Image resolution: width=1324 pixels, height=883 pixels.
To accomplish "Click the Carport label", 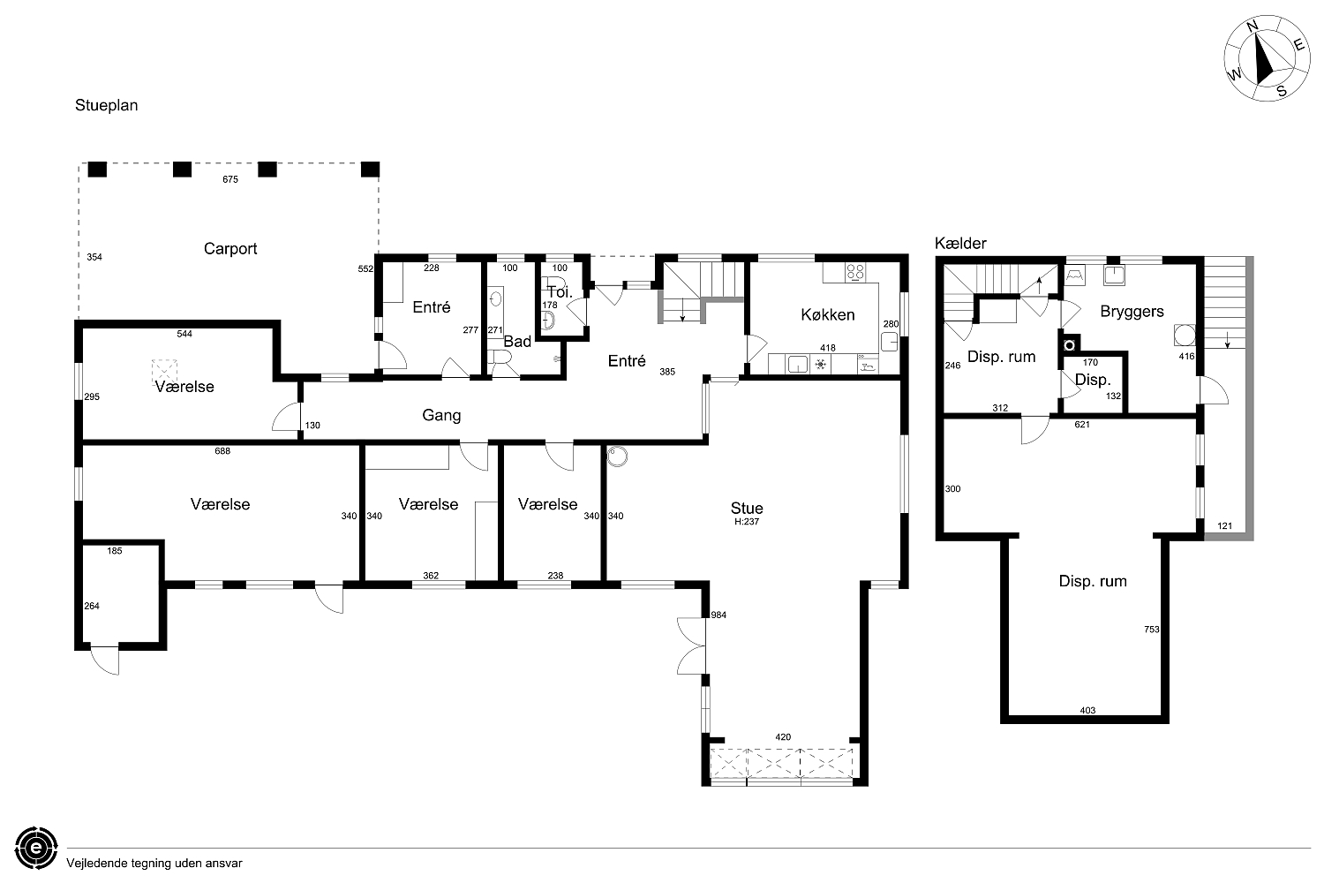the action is click(230, 249).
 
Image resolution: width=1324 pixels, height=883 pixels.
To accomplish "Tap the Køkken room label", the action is click(828, 314).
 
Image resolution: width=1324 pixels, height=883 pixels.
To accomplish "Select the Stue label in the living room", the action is click(747, 508).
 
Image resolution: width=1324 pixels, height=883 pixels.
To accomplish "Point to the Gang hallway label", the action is click(441, 415).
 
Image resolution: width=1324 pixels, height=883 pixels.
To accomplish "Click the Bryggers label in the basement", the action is click(1132, 312).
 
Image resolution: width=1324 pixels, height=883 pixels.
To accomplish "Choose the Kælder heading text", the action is click(960, 243).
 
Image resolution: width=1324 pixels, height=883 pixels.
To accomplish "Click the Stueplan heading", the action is click(107, 105).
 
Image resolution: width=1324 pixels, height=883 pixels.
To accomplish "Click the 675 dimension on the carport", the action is click(230, 179).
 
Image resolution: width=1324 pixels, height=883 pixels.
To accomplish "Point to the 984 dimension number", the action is click(718, 615).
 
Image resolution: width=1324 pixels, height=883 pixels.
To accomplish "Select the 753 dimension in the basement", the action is click(1151, 630).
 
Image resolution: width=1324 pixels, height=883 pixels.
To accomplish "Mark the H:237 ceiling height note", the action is click(747, 522).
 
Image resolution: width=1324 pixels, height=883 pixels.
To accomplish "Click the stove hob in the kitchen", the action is click(855, 272).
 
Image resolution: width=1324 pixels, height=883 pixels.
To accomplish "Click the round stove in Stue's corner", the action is click(617, 456).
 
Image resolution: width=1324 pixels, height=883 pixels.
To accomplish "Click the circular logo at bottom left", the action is click(36, 848).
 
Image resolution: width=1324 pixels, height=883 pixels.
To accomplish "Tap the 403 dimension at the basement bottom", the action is click(1087, 710).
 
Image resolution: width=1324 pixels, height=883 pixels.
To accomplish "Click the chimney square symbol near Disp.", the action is click(1069, 344).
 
